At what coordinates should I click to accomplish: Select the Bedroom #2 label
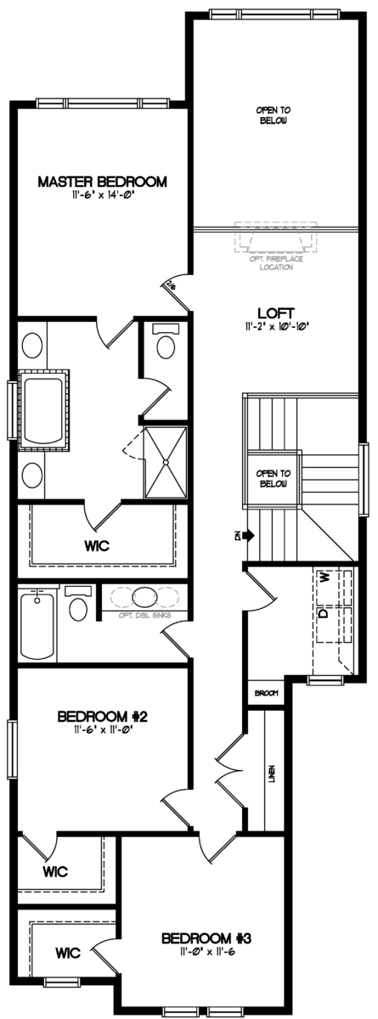pyautogui.click(x=103, y=717)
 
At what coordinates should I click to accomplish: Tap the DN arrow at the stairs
pyautogui.click(x=246, y=535)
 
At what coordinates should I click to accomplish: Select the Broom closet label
pyautogui.click(x=266, y=694)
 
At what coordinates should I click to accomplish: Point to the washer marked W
pyautogui.click(x=324, y=577)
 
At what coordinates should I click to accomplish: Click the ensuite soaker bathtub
pyautogui.click(x=42, y=410)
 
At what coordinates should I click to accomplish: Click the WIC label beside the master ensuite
pyautogui.click(x=96, y=543)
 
